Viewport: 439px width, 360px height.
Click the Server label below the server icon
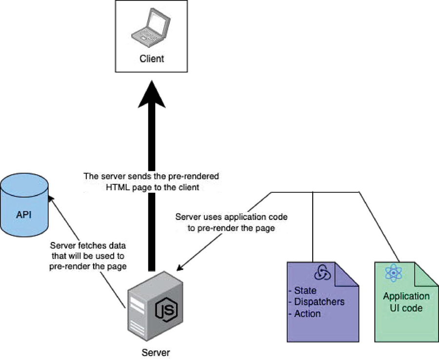click(x=156, y=352)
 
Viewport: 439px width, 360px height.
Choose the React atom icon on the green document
click(x=393, y=273)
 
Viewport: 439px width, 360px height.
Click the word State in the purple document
click(x=305, y=291)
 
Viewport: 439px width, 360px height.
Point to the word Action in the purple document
click(x=307, y=313)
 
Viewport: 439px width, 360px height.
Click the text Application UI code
click(x=406, y=302)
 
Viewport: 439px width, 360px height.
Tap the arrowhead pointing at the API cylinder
click(x=51, y=196)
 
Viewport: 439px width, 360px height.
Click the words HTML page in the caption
click(x=129, y=187)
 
